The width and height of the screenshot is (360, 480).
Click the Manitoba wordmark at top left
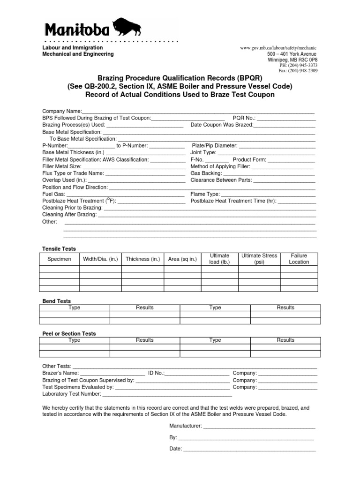tap(77, 30)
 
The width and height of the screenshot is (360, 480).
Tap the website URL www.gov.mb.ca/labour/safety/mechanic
tap(278, 48)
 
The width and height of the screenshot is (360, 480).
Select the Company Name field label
tap(62, 111)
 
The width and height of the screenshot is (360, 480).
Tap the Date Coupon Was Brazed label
tap(222, 125)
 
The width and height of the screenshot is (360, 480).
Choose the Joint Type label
tap(203, 153)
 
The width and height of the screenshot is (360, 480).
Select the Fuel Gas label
tap(53, 194)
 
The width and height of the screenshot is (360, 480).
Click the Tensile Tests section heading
tap(59, 249)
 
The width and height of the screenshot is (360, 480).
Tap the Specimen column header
tap(59, 259)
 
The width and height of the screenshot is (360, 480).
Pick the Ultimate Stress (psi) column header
tap(259, 259)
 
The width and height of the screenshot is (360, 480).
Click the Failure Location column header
tap(299, 259)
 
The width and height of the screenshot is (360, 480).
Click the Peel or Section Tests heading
tap(69, 334)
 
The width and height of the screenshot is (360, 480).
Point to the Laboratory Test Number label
tap(71, 395)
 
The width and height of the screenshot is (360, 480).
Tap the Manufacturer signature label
tap(186, 426)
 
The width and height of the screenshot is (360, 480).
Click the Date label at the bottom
tap(175, 449)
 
